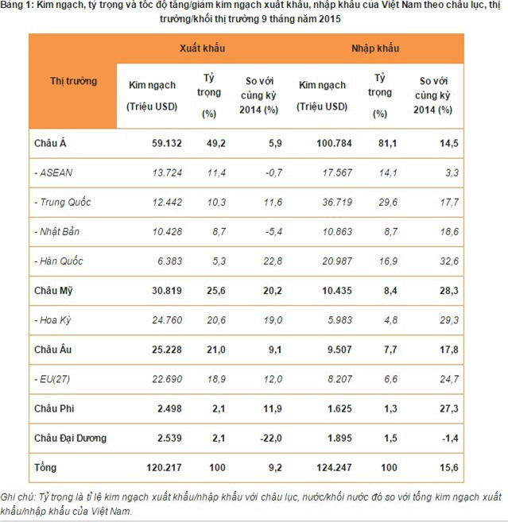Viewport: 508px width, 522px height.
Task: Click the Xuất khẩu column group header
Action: pyautogui.click(x=202, y=48)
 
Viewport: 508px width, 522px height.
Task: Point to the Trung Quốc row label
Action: pyautogui.click(x=63, y=202)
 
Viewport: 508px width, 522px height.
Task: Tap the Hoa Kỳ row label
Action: pyautogui.click(x=55, y=319)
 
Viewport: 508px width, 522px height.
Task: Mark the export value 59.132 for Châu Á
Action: pyautogui.click(x=145, y=143)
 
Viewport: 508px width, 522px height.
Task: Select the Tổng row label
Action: pyautogui.click(x=46, y=467)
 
